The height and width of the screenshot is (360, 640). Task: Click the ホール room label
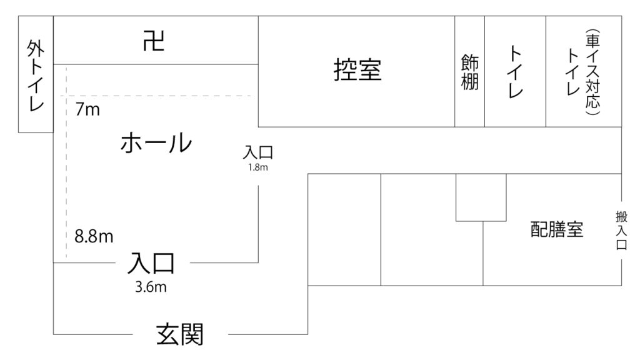point(156,142)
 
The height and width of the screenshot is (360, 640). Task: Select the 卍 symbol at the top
point(154,41)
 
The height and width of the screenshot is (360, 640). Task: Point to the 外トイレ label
point(36,76)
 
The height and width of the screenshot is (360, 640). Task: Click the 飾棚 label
point(470,72)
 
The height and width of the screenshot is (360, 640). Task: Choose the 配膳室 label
point(557,229)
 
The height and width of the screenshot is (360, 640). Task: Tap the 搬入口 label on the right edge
point(621,230)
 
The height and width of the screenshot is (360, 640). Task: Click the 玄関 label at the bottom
point(180,334)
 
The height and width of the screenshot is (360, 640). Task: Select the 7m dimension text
point(87,109)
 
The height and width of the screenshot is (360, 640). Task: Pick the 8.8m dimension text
point(94,236)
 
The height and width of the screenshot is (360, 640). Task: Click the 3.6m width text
point(151,287)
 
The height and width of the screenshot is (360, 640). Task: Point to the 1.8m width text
point(258,167)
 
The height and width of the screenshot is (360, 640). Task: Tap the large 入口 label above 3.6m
point(151,263)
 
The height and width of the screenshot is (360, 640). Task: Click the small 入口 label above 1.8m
point(258,152)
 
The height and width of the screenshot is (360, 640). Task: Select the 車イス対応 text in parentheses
point(592,72)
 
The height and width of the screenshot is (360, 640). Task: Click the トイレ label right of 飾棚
point(515,72)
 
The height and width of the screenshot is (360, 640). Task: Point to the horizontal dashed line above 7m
point(157,96)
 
